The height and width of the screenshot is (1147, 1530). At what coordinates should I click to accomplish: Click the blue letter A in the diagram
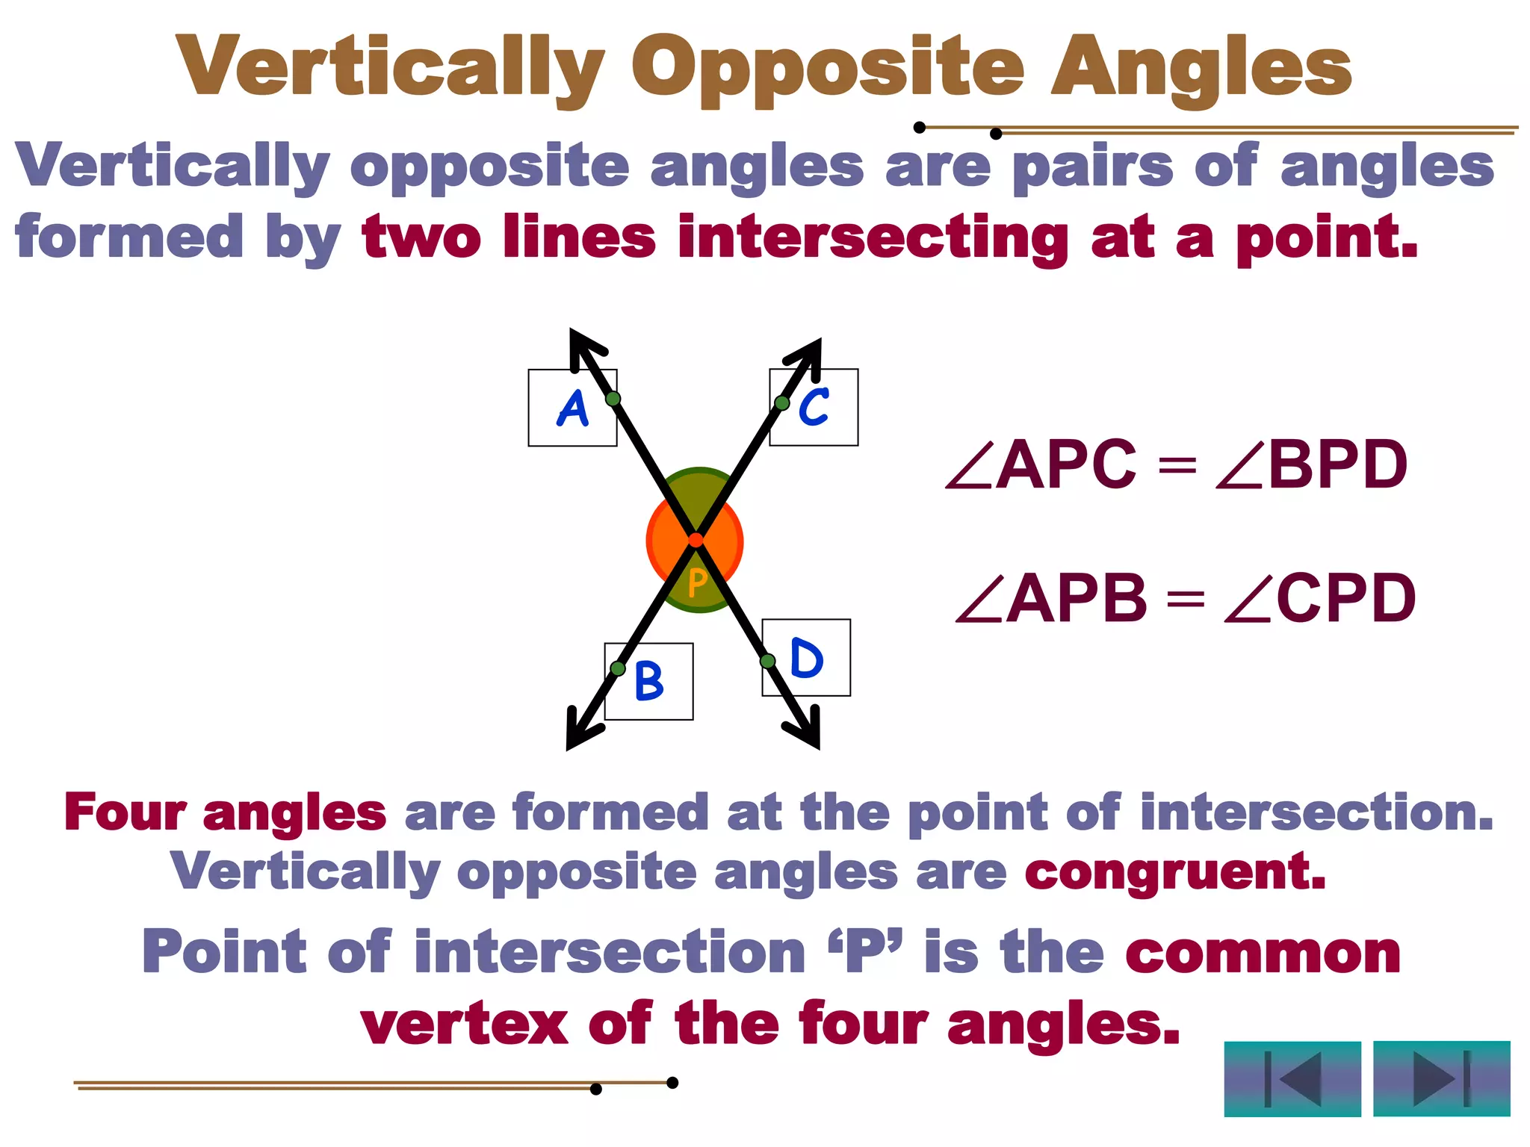click(573, 409)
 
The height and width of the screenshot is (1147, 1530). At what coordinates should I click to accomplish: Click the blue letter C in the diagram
click(814, 407)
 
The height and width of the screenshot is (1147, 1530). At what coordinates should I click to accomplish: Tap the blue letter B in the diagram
click(648, 681)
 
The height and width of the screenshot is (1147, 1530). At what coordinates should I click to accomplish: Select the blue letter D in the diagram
click(807, 658)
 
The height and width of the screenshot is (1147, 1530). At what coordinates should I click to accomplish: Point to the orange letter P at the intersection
click(697, 582)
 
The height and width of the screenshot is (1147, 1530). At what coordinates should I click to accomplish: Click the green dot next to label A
click(613, 399)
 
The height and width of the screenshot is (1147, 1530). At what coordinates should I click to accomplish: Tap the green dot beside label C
click(782, 403)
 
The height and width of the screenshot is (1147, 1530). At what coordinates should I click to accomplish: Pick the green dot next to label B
click(618, 668)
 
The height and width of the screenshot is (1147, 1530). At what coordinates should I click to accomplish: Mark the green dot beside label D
click(767, 661)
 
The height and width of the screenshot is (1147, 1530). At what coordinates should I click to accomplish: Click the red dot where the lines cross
click(696, 540)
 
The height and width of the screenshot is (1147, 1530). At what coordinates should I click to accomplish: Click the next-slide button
click(1441, 1079)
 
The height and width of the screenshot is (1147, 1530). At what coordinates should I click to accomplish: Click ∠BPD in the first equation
click(1312, 464)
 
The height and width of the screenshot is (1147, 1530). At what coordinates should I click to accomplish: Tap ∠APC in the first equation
click(1041, 464)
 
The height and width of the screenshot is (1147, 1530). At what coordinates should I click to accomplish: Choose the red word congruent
click(1174, 871)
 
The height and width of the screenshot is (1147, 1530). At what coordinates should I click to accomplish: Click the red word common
click(1263, 953)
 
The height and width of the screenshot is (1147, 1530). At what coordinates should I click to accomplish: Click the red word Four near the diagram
click(125, 812)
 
